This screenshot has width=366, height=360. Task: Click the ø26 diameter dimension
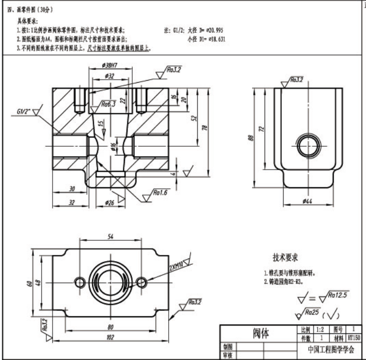click(x=110, y=202)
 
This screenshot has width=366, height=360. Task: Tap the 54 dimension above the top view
click(x=110, y=236)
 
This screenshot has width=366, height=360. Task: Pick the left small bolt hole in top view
click(x=80, y=281)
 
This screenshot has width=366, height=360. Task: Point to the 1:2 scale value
click(x=321, y=330)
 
